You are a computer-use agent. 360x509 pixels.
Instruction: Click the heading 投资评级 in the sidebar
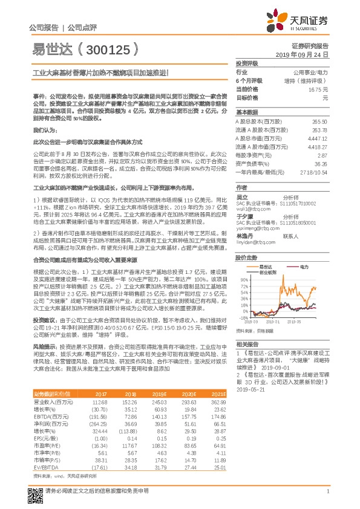247,63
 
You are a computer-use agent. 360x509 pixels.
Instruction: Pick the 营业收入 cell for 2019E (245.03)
159,402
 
